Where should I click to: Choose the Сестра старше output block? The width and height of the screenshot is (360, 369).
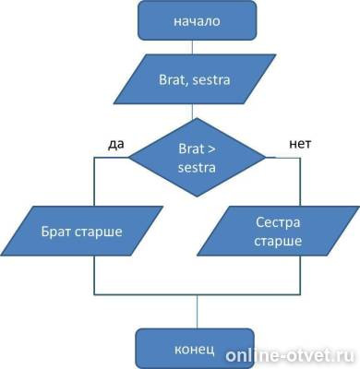click(277, 231)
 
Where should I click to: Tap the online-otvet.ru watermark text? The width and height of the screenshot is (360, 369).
click(291, 354)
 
